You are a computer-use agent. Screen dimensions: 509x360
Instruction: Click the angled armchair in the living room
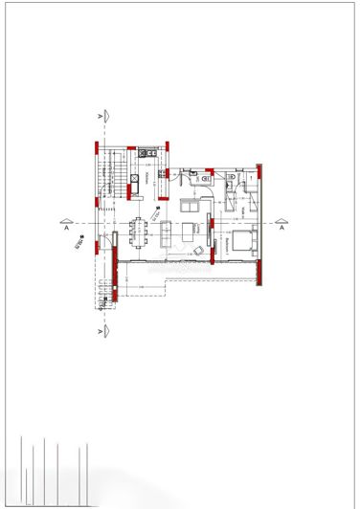(199, 251)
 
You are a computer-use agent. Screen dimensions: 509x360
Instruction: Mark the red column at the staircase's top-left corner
(96, 147)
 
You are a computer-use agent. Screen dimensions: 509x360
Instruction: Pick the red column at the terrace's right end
(259, 274)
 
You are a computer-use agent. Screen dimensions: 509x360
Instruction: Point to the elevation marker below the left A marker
(78, 245)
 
